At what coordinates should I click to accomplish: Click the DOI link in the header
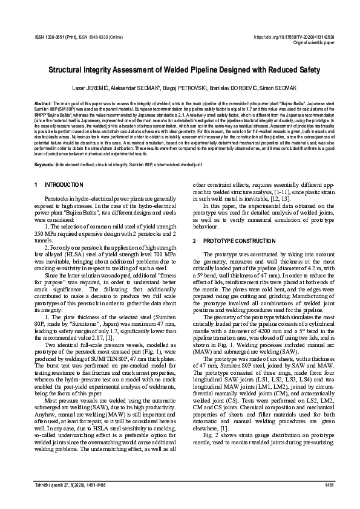pyautogui.click(x=291, y=37)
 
